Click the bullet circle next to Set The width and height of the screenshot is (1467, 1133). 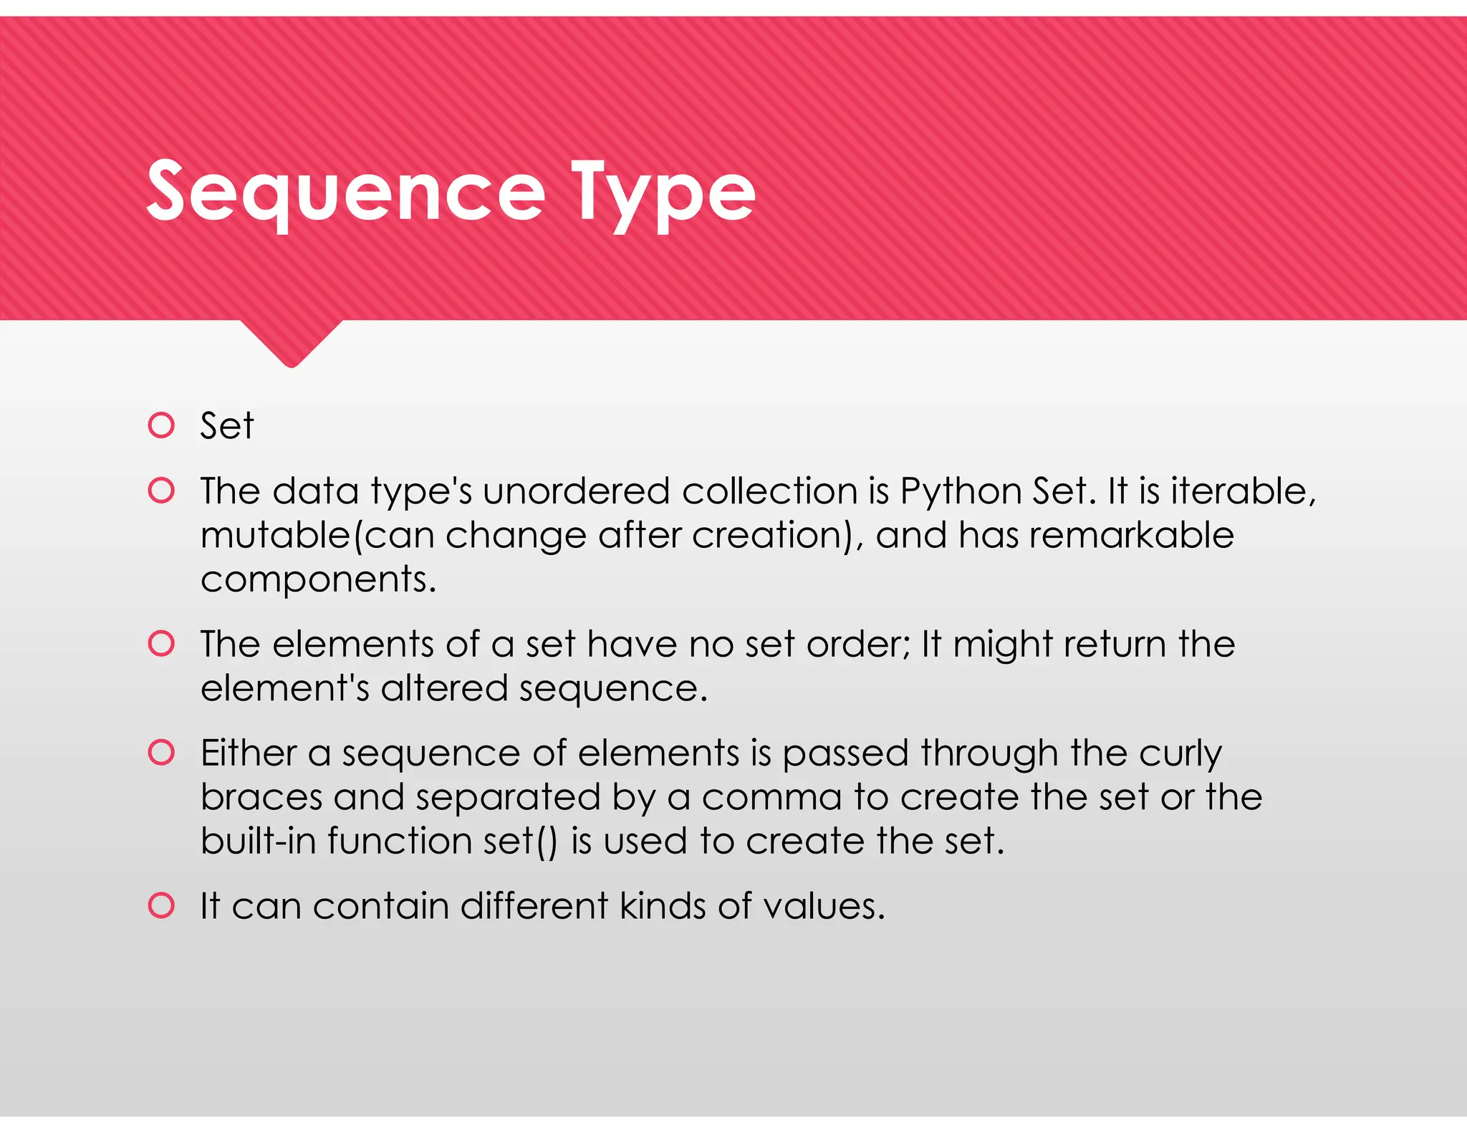tap(161, 425)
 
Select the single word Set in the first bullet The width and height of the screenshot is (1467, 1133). tap(226, 426)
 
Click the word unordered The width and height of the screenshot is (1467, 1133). tap(577, 492)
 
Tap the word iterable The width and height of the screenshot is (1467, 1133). tap(1243, 492)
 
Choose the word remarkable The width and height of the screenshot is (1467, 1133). tap(1132, 536)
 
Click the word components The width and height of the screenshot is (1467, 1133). tap(317, 580)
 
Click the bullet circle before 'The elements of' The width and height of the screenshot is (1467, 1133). tap(161, 644)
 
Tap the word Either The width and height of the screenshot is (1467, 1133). tap(248, 753)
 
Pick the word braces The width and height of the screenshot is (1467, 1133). tap(261, 798)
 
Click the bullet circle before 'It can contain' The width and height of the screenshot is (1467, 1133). tap(161, 906)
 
